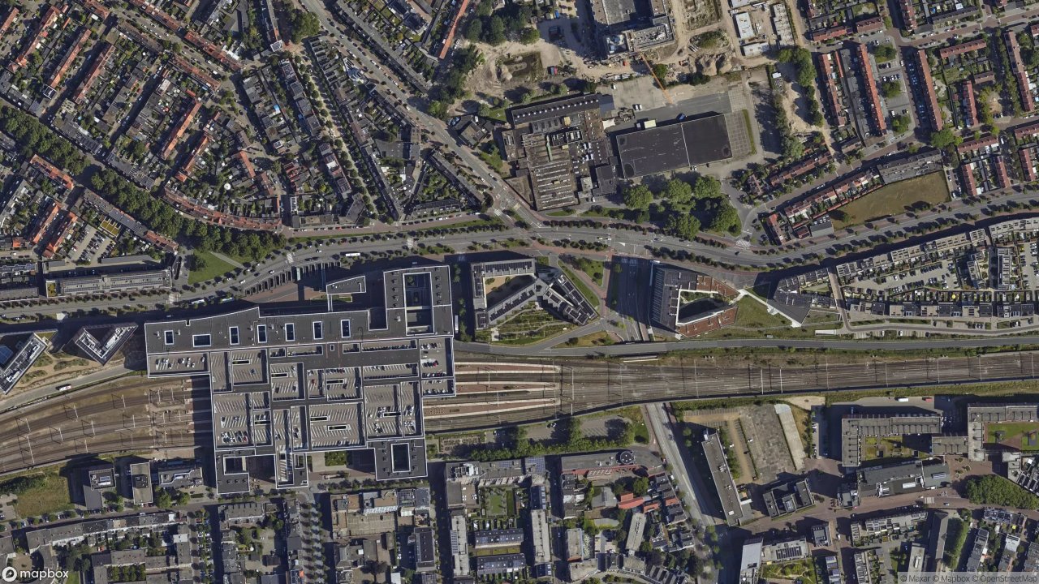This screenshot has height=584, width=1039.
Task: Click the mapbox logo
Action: tap(35, 573)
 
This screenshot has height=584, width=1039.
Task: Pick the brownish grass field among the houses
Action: tap(897, 198)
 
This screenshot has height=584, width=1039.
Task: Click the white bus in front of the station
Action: tap(352, 255)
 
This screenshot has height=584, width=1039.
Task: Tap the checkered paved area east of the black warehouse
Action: tap(738, 135)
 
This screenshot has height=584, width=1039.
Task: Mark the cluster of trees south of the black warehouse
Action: tap(682, 203)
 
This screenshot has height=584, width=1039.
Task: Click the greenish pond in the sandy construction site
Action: tap(519, 67)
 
